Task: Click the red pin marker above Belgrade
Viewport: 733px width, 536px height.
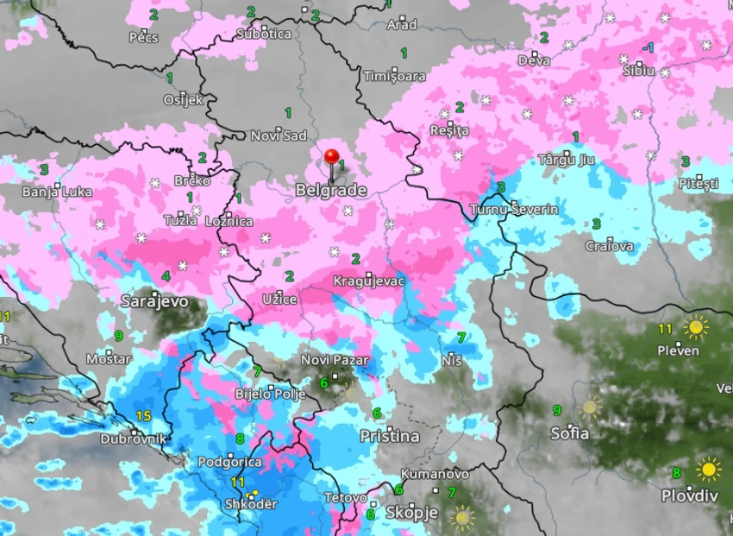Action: click(x=331, y=157)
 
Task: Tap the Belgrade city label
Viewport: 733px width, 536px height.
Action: click(x=331, y=190)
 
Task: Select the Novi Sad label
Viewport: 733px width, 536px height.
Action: click(x=279, y=136)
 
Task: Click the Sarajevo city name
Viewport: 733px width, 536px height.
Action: click(x=153, y=301)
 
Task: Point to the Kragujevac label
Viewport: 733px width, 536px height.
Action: click(x=369, y=281)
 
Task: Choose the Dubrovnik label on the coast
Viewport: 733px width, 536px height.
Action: click(x=133, y=438)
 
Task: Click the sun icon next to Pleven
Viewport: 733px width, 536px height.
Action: click(x=695, y=328)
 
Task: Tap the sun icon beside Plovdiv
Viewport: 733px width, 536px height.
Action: click(x=709, y=470)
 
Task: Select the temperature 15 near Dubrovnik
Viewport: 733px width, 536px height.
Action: click(x=143, y=416)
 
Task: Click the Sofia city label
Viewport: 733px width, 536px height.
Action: click(x=571, y=432)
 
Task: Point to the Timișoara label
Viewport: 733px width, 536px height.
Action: click(x=395, y=75)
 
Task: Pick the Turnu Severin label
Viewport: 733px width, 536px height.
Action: click(x=514, y=210)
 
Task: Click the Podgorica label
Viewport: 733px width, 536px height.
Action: click(x=229, y=462)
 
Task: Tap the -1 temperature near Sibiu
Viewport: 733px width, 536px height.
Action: click(x=648, y=47)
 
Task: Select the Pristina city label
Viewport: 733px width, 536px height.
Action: click(x=390, y=437)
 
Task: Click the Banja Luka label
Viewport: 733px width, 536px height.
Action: click(x=56, y=192)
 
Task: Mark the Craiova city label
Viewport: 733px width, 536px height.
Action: click(x=609, y=246)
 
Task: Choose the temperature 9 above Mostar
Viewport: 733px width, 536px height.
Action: click(x=118, y=335)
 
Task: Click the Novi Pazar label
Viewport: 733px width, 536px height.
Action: click(x=335, y=360)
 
